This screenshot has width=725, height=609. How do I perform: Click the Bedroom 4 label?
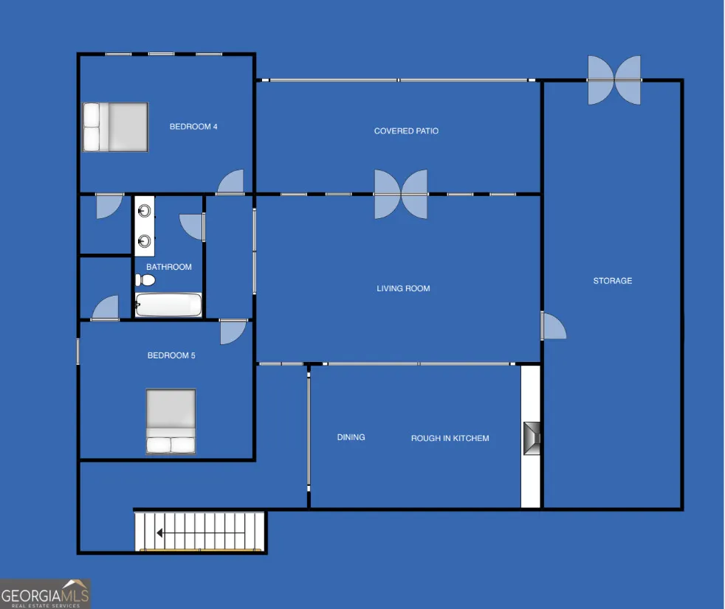[193, 127]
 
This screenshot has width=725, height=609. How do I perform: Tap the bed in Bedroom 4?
[116, 127]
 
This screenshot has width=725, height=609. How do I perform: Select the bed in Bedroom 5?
[171, 421]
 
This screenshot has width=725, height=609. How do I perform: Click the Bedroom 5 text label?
[171, 355]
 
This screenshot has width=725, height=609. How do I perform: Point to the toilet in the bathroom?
[145, 279]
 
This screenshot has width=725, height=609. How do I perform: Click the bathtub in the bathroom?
[168, 304]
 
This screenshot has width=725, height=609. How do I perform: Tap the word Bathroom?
[169, 267]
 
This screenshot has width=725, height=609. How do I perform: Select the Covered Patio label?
[406, 131]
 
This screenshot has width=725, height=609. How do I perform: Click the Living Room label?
[403, 288]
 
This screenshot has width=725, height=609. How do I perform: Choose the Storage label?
[613, 281]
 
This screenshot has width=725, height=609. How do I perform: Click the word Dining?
[351, 437]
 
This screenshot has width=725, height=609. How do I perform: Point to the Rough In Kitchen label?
[450, 438]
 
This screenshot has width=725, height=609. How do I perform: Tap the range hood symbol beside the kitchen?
[532, 438]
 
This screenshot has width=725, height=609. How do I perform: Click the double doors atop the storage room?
[614, 80]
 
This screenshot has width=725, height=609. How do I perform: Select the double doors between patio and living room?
[401, 195]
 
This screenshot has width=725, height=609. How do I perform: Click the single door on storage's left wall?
[554, 326]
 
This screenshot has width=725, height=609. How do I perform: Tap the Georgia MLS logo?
[45, 594]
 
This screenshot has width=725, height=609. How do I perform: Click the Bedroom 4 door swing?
[231, 182]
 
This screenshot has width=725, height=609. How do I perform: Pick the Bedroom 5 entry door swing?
[233, 332]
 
